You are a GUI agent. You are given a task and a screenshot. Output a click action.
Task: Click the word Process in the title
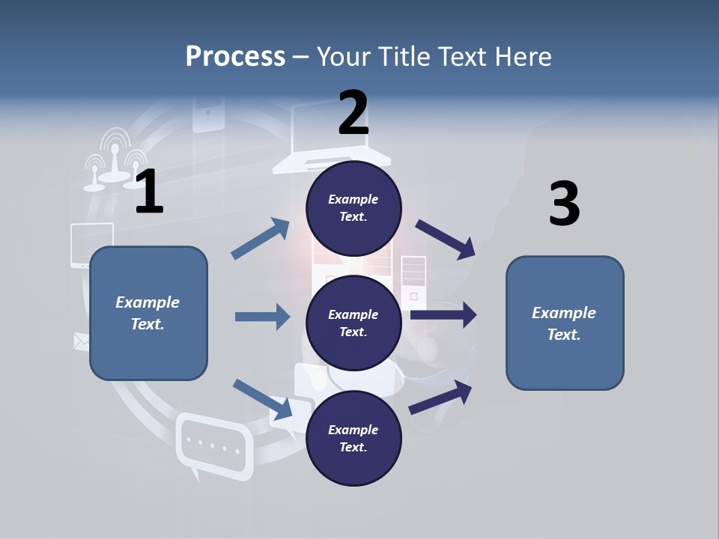point(235,56)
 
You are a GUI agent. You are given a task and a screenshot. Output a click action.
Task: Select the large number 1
point(149,192)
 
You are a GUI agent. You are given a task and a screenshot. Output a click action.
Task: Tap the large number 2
point(353,113)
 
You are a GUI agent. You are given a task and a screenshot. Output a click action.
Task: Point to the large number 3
point(564,204)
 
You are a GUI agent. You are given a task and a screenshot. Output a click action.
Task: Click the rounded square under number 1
point(148,313)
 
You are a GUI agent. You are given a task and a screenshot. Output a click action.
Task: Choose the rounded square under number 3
point(565,323)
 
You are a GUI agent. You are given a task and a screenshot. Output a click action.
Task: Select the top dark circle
point(354,208)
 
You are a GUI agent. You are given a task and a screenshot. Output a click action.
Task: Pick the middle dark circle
point(354,323)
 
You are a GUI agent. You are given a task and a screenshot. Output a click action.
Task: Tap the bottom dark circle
point(354,438)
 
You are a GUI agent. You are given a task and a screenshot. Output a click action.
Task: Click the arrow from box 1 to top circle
point(261,239)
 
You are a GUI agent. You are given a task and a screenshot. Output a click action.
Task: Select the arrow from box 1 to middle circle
point(262,317)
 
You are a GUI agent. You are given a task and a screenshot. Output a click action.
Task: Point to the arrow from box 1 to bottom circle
point(263,399)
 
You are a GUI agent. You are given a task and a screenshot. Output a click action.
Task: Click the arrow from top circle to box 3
point(446,239)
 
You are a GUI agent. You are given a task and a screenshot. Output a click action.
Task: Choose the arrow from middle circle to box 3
point(443,314)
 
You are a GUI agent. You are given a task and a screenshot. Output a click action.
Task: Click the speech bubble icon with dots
point(213,446)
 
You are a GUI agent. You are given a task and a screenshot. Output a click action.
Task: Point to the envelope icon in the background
point(81,341)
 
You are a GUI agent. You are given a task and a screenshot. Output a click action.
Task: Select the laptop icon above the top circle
point(331,138)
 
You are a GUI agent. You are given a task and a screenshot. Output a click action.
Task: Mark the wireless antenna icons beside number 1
point(114,159)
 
